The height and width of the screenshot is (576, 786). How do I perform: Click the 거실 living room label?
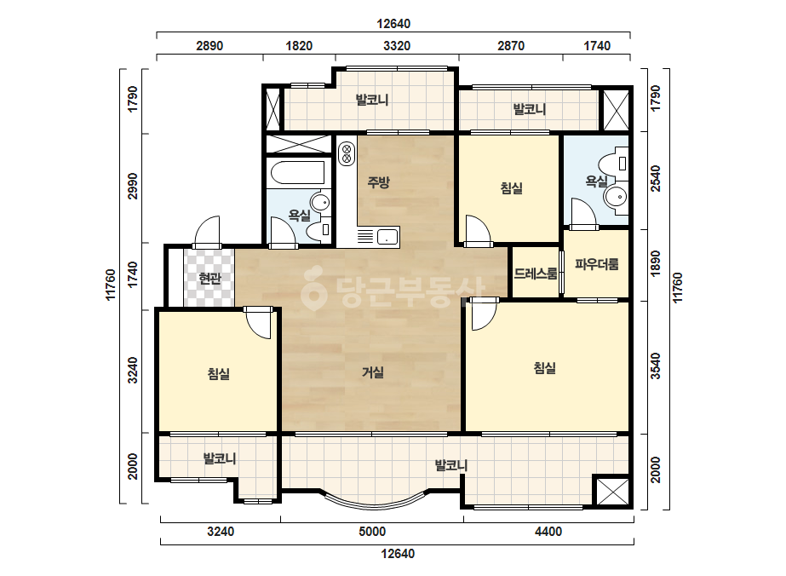373,372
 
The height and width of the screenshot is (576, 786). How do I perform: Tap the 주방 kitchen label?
378,181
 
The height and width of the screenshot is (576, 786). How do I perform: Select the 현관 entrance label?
209,278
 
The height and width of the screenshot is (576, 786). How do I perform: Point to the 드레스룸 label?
536,274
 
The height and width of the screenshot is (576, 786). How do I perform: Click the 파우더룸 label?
596,264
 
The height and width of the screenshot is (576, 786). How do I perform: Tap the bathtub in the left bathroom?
298,173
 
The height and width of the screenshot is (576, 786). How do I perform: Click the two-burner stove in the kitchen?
347,153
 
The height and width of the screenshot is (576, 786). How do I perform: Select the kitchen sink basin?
387,236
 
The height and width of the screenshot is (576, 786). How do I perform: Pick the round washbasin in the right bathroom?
616,197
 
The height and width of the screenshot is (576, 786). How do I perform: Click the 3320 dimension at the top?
397,46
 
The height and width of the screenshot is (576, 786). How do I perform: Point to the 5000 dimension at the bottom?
372,532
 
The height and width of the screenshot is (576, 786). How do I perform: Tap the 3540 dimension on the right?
655,366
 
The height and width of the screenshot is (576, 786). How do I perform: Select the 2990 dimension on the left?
132,186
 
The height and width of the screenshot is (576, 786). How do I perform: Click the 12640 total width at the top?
393,24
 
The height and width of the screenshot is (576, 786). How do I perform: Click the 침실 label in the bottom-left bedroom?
219,374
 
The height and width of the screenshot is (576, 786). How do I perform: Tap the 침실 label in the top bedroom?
511,188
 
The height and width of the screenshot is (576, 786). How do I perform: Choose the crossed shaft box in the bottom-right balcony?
612,491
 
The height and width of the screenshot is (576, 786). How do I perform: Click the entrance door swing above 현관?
207,232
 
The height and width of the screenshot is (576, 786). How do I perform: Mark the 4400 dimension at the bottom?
548,532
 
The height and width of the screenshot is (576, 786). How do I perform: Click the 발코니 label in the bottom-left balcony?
220,458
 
